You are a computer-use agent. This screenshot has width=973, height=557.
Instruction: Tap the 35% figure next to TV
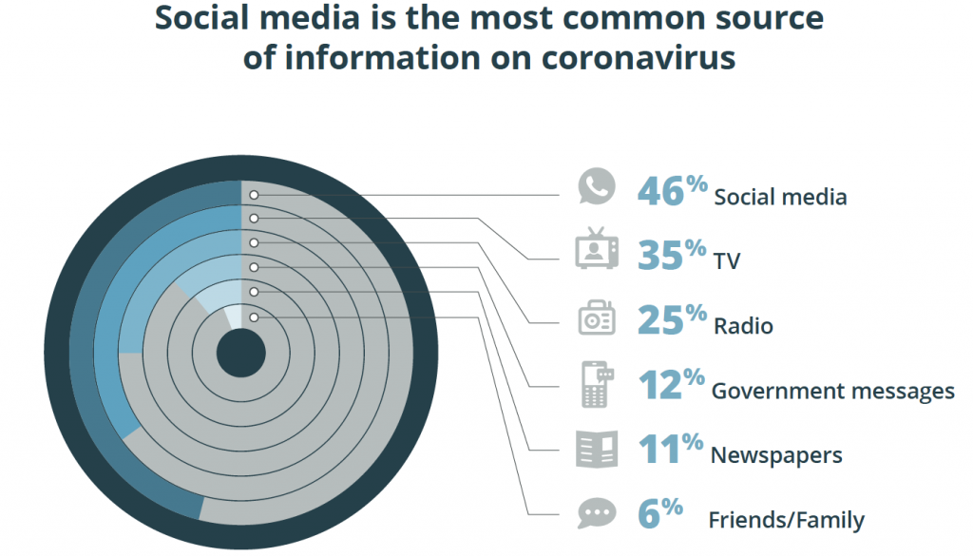click(x=672, y=255)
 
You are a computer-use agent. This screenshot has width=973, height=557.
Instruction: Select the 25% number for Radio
click(x=672, y=320)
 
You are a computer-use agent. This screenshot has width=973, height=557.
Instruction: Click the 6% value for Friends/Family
click(x=659, y=514)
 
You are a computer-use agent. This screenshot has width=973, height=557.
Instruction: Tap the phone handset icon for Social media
click(x=597, y=187)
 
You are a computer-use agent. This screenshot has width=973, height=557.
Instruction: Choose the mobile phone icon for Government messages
click(x=597, y=385)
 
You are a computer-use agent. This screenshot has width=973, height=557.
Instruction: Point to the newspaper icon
click(x=597, y=450)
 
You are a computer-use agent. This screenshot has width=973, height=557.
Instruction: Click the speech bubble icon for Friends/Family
click(x=597, y=514)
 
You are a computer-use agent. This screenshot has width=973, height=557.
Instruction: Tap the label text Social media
click(x=780, y=198)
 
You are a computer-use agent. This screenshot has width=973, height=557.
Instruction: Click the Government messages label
click(x=832, y=391)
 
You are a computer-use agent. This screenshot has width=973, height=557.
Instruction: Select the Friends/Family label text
click(x=786, y=520)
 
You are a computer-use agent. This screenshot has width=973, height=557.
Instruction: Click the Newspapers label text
click(x=776, y=455)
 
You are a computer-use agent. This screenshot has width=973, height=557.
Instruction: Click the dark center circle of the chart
click(x=241, y=355)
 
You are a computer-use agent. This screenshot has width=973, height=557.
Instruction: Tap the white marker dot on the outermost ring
click(x=255, y=196)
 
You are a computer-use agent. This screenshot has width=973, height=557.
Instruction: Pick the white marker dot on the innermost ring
click(x=255, y=317)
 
